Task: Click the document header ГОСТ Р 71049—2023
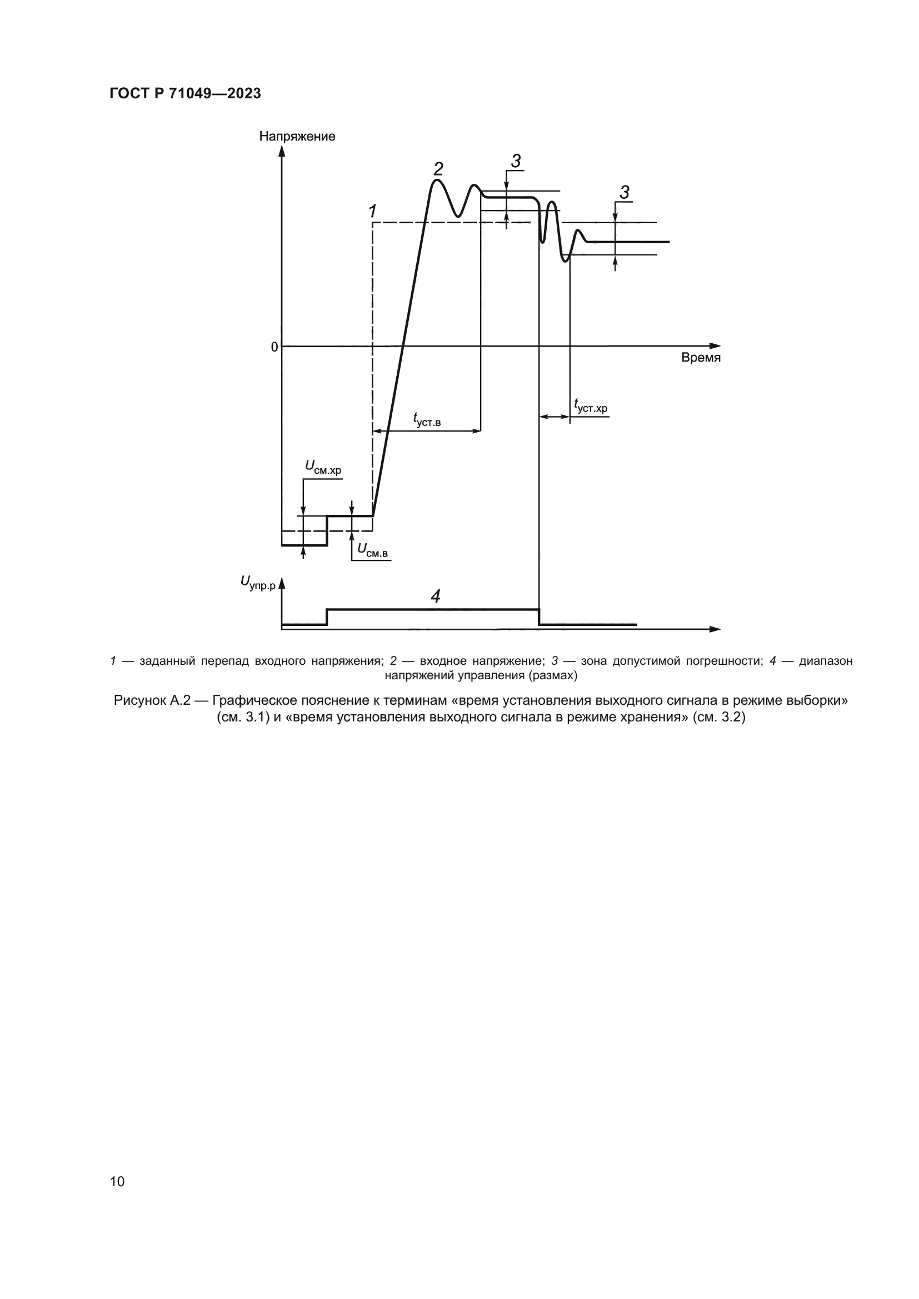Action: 185,93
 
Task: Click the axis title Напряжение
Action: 297,137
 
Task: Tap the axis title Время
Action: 701,358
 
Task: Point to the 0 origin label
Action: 274,347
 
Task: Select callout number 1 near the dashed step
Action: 372,212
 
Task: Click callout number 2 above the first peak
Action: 438,169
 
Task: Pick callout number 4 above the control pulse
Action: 435,596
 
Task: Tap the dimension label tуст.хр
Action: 590,405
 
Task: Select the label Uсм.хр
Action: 323,467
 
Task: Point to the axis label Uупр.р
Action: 257,582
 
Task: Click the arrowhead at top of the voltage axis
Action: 282,150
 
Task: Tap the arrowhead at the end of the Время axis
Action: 716,345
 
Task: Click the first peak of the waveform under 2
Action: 435,181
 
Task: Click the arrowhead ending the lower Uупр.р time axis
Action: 716,629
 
